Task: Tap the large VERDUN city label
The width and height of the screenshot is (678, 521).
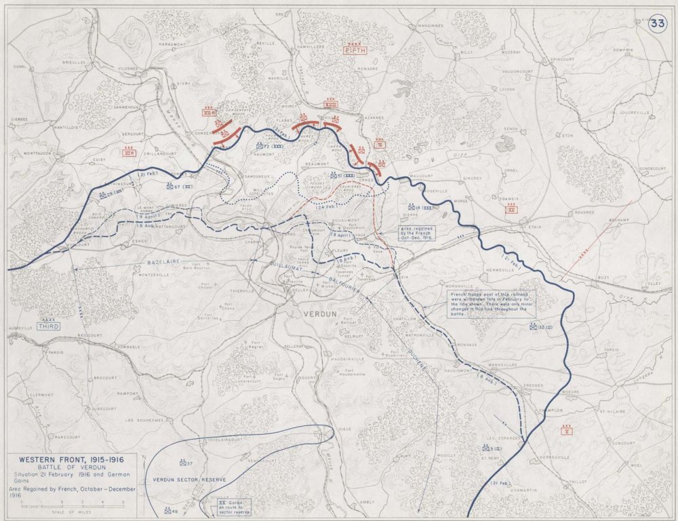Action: [315, 315]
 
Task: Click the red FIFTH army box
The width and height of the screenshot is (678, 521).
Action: [355, 50]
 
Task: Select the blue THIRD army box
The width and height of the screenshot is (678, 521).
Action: [49, 326]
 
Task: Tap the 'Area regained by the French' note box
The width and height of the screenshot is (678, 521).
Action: [417, 234]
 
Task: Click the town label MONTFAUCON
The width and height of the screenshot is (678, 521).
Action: [39, 153]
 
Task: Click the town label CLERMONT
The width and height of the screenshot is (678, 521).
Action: [41, 394]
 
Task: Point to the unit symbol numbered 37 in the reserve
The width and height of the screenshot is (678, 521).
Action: [186, 464]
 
